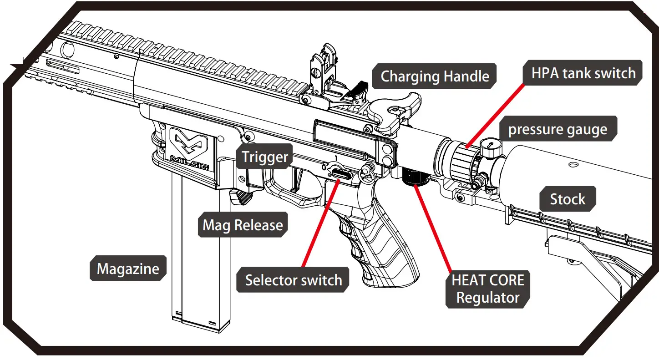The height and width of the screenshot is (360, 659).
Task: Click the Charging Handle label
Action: click(435, 76)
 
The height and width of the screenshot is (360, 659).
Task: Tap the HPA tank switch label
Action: click(583, 73)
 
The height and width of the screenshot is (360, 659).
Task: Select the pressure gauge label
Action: click(558, 129)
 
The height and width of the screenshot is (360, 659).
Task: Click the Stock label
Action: click(568, 199)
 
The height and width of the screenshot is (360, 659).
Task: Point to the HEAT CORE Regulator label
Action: click(488, 289)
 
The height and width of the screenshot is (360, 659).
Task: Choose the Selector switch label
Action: click(294, 279)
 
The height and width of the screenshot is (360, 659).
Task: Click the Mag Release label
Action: click(243, 225)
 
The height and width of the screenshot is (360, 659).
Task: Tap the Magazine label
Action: click(128, 268)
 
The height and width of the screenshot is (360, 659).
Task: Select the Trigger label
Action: click(265, 157)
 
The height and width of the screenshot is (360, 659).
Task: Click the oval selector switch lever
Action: click(340, 173)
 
